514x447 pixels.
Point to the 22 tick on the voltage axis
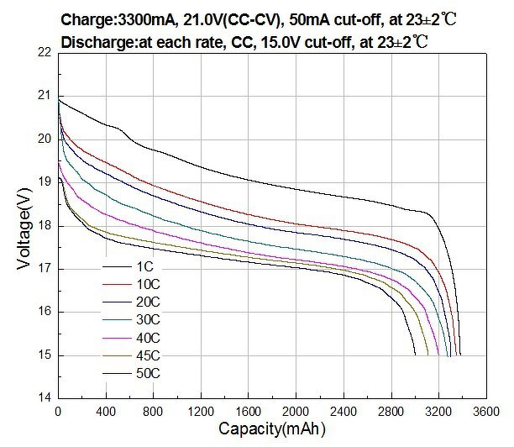point(45,52)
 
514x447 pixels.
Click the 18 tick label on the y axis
point(45,225)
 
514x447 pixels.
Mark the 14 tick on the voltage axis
point(45,397)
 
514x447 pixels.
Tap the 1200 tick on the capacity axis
point(199,413)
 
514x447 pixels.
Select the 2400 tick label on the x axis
point(342,413)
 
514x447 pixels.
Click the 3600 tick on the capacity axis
point(485,413)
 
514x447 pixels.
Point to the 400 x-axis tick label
point(105,413)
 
